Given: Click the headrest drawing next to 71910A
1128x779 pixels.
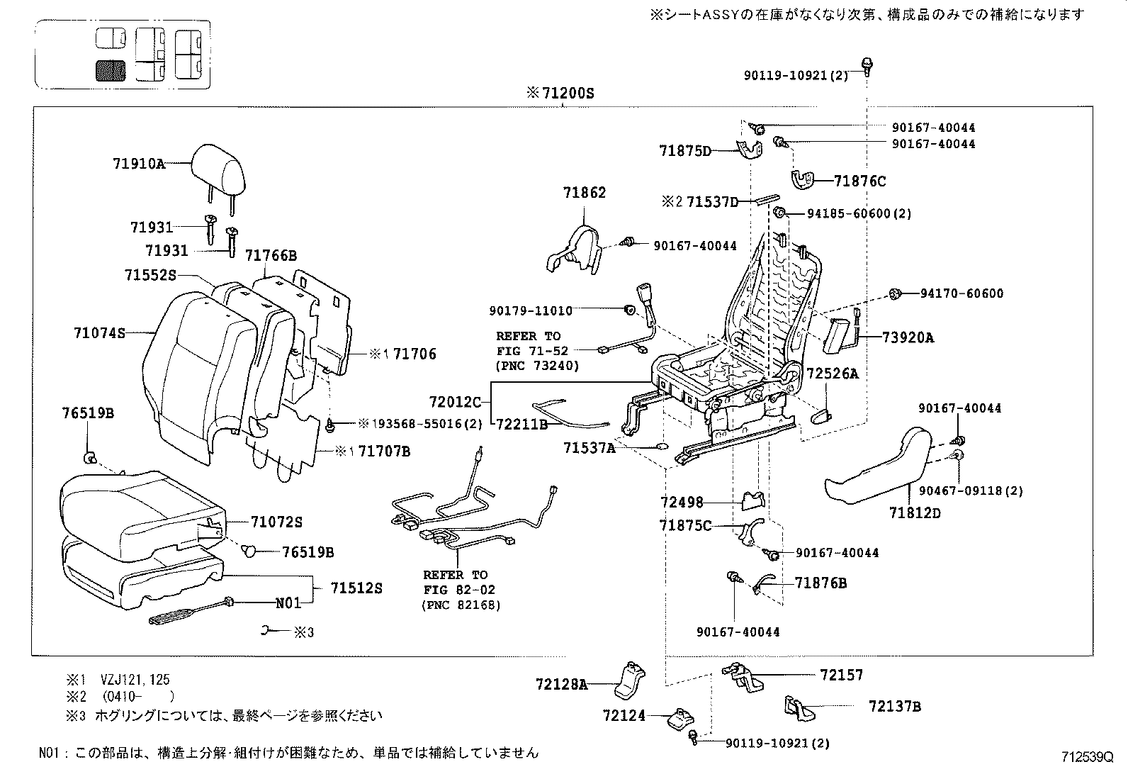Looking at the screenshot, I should pyautogui.click(x=220, y=167).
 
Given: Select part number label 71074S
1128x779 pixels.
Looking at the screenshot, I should pyautogui.click(x=99, y=332).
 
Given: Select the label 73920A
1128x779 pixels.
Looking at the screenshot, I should pyautogui.click(x=908, y=338).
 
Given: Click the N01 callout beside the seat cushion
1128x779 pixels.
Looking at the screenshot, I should pyautogui.click(x=288, y=603).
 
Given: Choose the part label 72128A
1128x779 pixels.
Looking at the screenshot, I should pyautogui.click(x=562, y=684).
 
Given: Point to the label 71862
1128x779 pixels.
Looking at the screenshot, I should pyautogui.click(x=585, y=193).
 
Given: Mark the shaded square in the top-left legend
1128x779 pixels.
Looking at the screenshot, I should pyautogui.click(x=110, y=69).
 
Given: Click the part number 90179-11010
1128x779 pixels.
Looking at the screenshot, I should pyautogui.click(x=531, y=310).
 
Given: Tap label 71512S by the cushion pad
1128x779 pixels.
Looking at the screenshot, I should pyautogui.click(x=356, y=588).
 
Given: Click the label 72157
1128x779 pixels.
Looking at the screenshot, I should pyautogui.click(x=841, y=675).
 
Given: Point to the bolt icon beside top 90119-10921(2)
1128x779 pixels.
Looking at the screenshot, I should pyautogui.click(x=867, y=65).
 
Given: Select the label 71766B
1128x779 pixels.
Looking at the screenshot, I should pyautogui.click(x=271, y=255).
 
